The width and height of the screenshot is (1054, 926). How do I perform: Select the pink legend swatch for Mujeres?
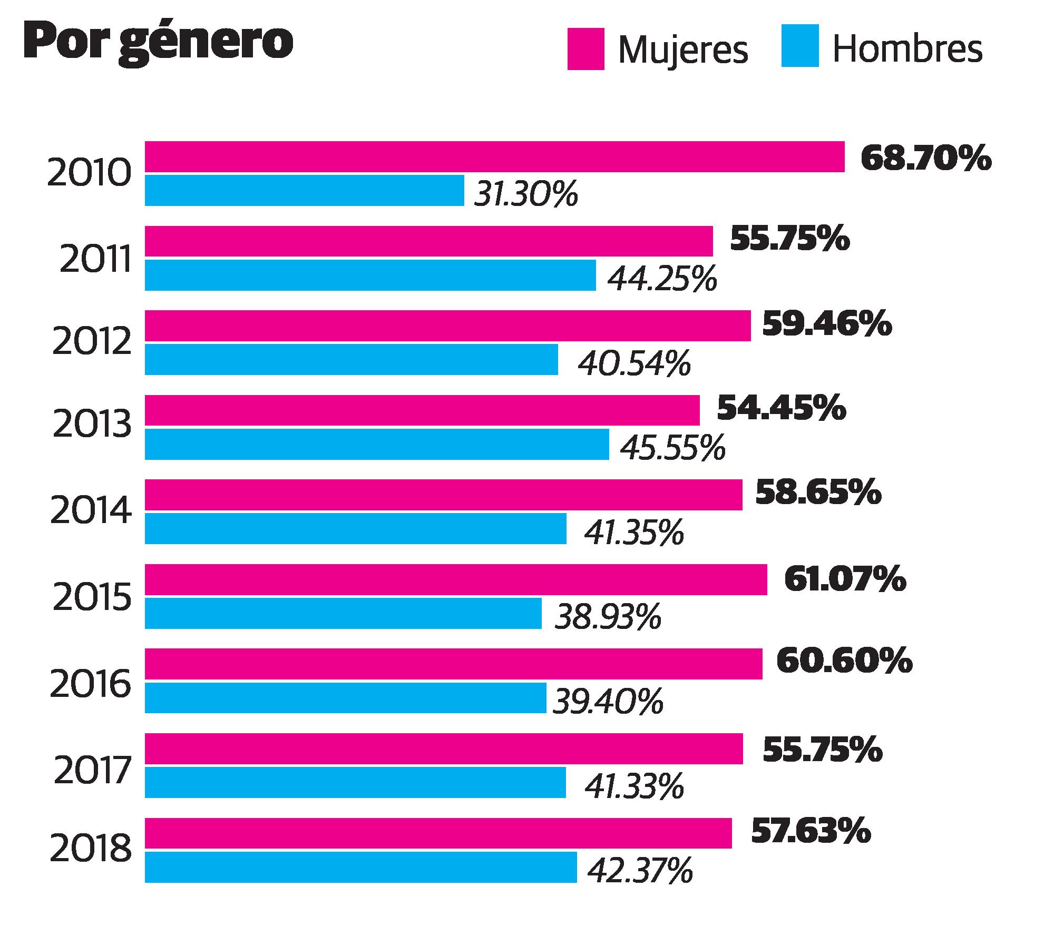[585, 49]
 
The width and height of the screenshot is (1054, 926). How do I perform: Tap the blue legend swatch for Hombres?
[800, 46]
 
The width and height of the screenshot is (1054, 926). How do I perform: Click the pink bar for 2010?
[494, 156]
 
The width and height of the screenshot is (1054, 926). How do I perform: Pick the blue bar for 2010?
[304, 190]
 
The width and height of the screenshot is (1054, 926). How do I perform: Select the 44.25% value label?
[662, 279]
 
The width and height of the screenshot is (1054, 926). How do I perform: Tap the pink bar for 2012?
[447, 326]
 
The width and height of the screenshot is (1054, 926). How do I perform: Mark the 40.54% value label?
[634, 363]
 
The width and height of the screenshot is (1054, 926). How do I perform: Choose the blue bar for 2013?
[377, 444]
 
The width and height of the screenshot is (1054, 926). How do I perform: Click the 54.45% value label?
[782, 409]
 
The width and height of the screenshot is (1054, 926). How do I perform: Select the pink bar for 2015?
[456, 579]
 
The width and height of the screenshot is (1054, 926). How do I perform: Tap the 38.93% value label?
[608, 616]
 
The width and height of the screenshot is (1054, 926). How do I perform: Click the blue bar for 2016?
[345, 698]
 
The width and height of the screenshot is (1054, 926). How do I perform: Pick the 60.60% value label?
[844, 662]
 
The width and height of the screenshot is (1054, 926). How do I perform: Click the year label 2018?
[91, 850]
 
